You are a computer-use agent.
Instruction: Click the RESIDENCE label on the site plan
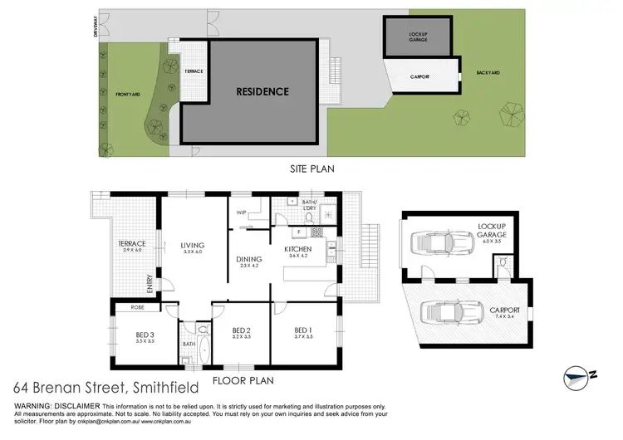tap(262, 91)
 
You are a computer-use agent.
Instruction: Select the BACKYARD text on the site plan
tap(488, 73)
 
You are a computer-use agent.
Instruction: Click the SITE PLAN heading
tap(311, 167)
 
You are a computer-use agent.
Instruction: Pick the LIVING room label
tap(193, 245)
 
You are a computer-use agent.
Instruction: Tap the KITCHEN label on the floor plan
tap(298, 249)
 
